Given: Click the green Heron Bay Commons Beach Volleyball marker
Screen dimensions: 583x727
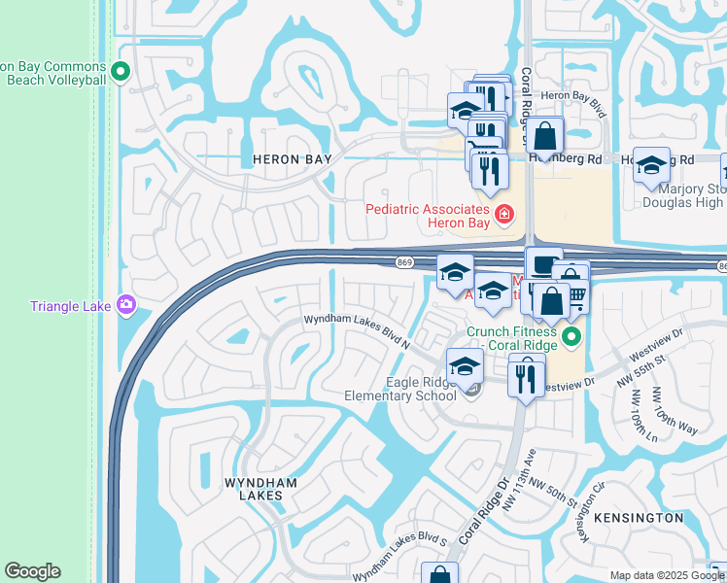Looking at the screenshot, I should (121, 70).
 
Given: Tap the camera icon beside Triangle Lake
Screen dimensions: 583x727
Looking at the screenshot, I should (125, 306).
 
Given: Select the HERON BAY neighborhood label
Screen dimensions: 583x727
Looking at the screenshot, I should (292, 158).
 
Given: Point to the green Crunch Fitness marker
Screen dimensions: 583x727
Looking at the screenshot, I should (571, 338).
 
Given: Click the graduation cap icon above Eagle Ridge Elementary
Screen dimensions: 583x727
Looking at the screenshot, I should (466, 366).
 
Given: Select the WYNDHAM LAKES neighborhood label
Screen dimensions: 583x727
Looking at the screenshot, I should (254, 489).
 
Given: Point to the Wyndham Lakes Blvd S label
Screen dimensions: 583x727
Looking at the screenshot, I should (399, 553).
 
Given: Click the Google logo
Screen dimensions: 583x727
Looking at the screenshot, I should (33, 571).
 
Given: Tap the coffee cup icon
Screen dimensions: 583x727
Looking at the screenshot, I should (544, 264).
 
